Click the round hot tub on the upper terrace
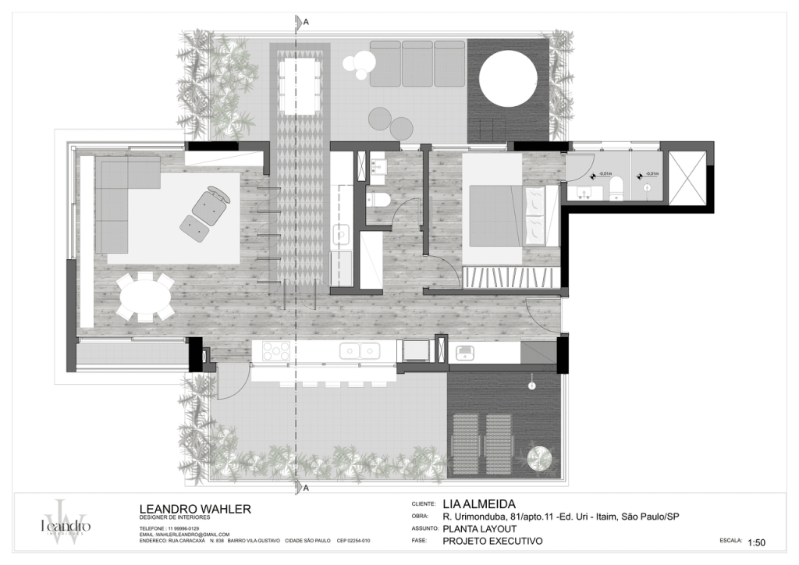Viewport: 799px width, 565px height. (x=508, y=80)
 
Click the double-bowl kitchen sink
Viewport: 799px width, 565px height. (x=359, y=352)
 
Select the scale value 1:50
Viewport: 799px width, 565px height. (x=758, y=542)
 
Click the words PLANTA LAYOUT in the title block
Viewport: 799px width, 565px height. (x=479, y=528)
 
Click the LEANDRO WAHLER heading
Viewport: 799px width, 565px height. (x=194, y=509)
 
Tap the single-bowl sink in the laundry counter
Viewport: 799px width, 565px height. (x=466, y=353)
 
